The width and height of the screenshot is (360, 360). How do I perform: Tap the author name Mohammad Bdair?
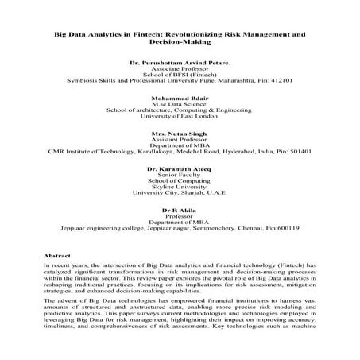click(x=179, y=101)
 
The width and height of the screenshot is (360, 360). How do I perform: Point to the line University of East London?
click(x=179, y=118)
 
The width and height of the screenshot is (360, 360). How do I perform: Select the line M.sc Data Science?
click(x=179, y=109)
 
